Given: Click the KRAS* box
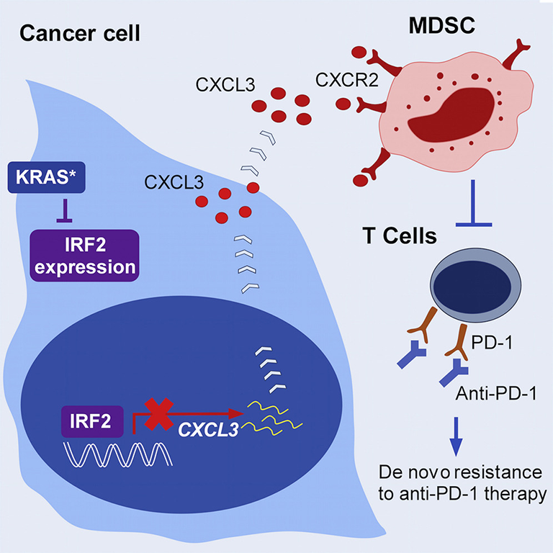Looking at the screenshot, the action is [47, 177].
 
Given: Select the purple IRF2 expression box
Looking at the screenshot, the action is [85, 256].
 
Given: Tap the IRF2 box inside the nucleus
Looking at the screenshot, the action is [92, 421].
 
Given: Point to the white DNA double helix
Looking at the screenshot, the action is [118, 455].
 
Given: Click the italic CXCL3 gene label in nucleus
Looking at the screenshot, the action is [208, 430].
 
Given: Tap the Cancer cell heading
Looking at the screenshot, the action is [80, 33].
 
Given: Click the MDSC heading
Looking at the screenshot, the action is [442, 25].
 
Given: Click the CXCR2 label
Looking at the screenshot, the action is [347, 80].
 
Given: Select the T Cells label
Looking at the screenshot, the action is [400, 235].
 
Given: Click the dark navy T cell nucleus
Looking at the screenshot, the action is [472, 287].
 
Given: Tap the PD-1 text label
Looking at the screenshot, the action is [492, 342].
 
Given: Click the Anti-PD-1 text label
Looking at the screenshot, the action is [496, 393].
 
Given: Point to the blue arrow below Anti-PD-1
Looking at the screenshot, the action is [456, 436].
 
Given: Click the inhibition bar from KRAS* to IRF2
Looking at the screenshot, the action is [65, 211].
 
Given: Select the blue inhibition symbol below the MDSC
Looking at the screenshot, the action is [473, 203].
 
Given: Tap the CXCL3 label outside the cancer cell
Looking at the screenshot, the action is [225, 85].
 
